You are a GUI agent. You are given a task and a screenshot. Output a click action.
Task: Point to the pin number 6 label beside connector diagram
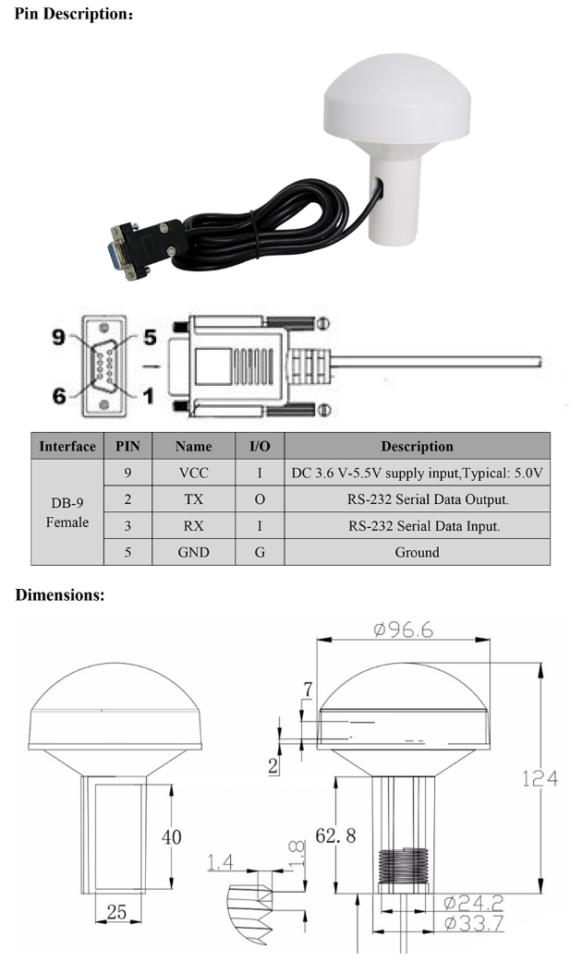[x=59, y=397]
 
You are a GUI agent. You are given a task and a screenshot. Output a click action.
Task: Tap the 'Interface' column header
[x=67, y=446]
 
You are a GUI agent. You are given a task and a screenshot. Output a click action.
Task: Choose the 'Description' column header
[x=417, y=446]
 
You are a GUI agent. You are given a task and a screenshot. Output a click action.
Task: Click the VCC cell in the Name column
[x=194, y=473]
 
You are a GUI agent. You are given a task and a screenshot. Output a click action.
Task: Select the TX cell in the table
[x=194, y=499]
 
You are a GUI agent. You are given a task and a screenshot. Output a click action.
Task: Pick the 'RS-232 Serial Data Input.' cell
[x=417, y=526]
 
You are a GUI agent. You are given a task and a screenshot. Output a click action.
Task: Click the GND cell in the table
[x=194, y=553]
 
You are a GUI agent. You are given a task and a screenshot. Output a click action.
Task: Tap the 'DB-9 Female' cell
[x=67, y=512]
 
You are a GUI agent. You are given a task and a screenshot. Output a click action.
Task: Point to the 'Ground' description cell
[x=417, y=553]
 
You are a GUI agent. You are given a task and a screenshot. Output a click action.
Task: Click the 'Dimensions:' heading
[x=60, y=596]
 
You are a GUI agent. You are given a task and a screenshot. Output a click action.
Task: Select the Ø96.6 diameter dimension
[x=404, y=630]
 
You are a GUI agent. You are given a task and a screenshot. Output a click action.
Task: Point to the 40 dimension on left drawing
[x=172, y=837]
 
